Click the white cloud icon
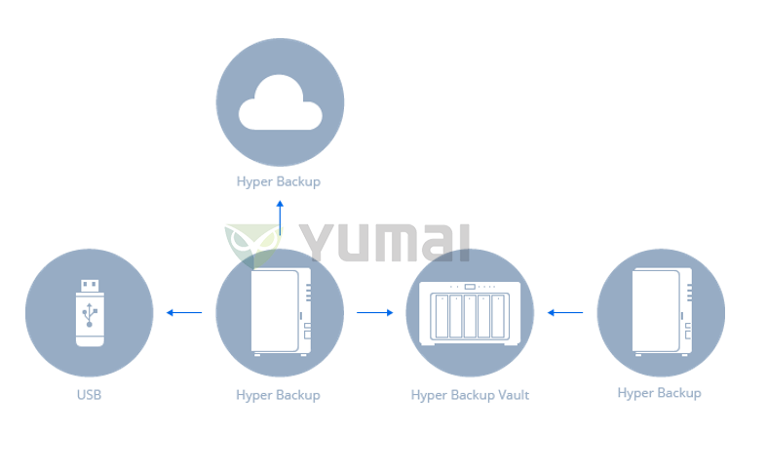[x=280, y=103]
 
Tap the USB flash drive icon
[x=90, y=312]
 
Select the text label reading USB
[x=89, y=395]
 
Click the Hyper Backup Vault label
[x=470, y=395]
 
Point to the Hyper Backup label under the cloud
[x=279, y=181]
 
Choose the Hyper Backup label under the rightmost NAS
[x=659, y=393]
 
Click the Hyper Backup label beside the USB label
[x=278, y=395]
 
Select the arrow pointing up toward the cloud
[x=280, y=218]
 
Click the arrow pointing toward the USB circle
[x=183, y=313]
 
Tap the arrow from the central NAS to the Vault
[x=374, y=313]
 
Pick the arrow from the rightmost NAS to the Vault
[x=565, y=313]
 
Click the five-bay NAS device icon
[x=470, y=312]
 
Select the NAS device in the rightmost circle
[x=662, y=311]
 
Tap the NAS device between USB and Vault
[x=281, y=311]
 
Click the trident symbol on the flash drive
[x=90, y=315]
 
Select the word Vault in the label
[x=510, y=395]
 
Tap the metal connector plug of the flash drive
[x=90, y=285]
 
